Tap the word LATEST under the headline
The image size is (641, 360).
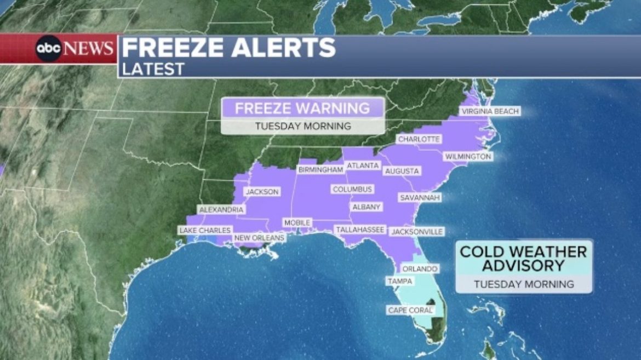[x=153, y=69]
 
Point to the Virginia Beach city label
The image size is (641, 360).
[x=489, y=111]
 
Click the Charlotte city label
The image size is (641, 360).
[x=418, y=139]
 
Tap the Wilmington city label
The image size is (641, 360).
[x=467, y=157]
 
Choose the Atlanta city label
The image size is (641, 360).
[x=363, y=165]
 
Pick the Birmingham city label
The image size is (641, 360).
[x=321, y=170]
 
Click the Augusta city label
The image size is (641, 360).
[x=402, y=171]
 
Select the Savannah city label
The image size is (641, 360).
[x=420, y=197]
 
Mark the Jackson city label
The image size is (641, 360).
[x=262, y=192]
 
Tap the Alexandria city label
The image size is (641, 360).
[x=221, y=210]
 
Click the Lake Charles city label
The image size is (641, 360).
[x=205, y=230]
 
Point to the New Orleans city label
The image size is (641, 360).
[x=259, y=238]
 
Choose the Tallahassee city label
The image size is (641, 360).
[x=360, y=230]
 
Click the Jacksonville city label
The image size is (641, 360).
[x=417, y=232]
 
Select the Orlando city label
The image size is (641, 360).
[x=420, y=269]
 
